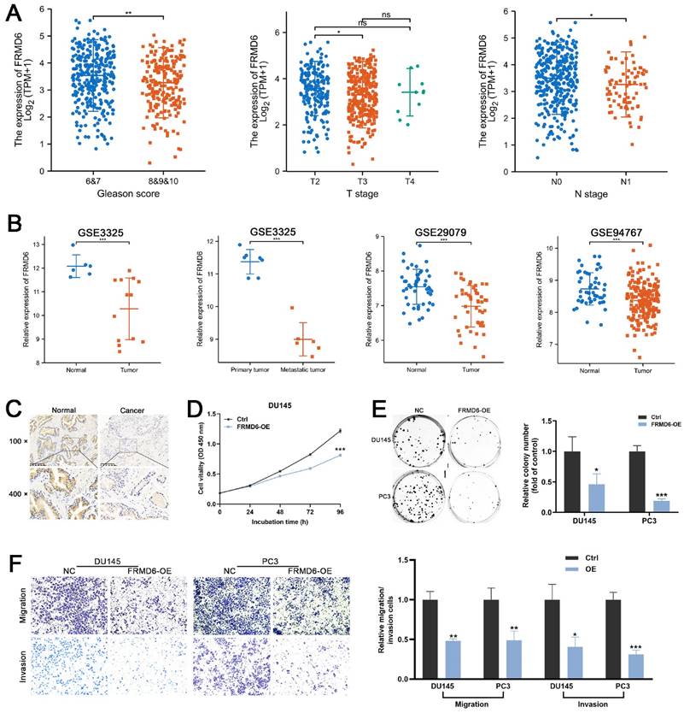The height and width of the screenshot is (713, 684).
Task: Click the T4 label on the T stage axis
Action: click(393, 183)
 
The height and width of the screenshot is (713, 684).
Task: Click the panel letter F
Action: click(11, 565)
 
